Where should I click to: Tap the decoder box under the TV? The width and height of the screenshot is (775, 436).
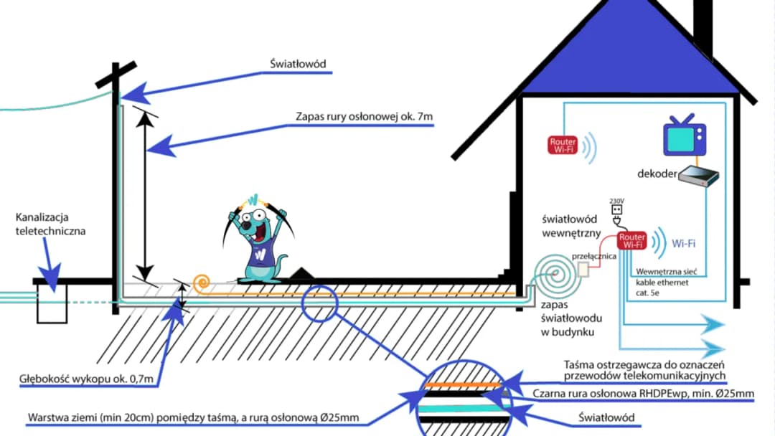point(698,175)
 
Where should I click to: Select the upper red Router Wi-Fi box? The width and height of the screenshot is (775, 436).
point(563,146)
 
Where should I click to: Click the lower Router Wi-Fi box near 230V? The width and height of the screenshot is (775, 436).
point(631,240)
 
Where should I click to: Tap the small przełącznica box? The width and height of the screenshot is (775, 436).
point(583,269)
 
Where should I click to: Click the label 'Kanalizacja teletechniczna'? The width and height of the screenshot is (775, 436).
point(50,224)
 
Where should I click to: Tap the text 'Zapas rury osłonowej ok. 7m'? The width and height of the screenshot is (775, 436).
point(364,116)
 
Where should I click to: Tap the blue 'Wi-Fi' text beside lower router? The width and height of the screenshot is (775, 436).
point(683,243)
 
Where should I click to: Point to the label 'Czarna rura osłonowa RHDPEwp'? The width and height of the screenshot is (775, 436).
point(643,393)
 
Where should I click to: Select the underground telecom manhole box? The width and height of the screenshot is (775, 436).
point(51,304)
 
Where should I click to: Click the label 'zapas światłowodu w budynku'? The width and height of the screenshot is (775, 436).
point(570,318)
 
